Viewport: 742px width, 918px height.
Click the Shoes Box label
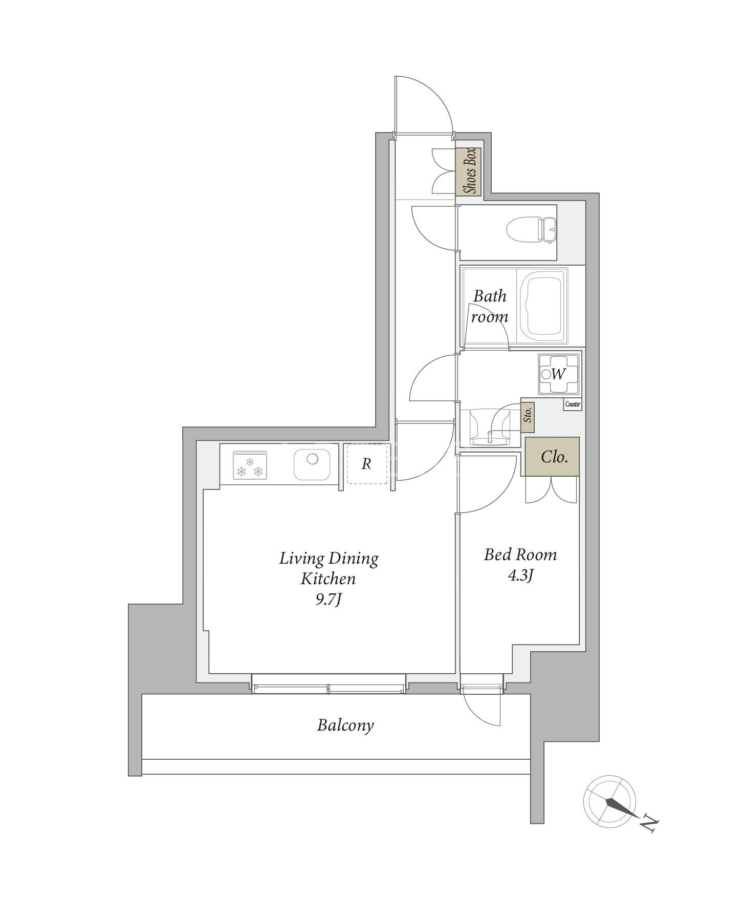pos(469,172)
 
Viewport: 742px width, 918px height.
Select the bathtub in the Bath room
pos(543,306)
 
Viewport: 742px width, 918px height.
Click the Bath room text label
pos(490,306)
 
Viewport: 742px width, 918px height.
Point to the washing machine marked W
pos(558,374)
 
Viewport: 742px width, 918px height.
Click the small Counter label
pos(573,404)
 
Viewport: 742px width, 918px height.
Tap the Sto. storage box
pos(528,415)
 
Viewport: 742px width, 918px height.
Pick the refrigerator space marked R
pos(366,464)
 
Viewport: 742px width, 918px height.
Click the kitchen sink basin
pos(312,464)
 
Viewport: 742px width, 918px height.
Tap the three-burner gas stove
pos(250,465)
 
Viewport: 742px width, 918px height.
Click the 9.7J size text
pos(328,600)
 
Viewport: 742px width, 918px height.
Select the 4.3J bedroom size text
pos(520,576)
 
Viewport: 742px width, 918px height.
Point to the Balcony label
pos(345,725)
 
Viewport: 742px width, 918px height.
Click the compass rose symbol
pos(610,802)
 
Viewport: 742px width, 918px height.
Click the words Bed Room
pos(520,554)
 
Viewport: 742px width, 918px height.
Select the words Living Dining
pos(329,559)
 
